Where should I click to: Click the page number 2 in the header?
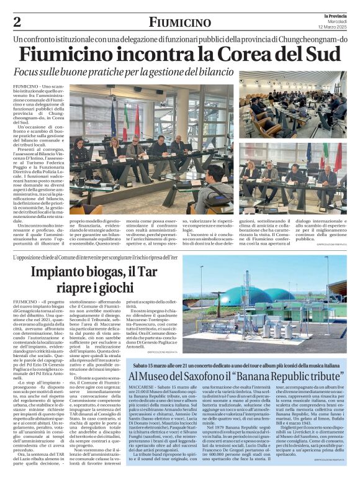pos(17,22)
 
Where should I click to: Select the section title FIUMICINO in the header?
pos(179,22)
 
